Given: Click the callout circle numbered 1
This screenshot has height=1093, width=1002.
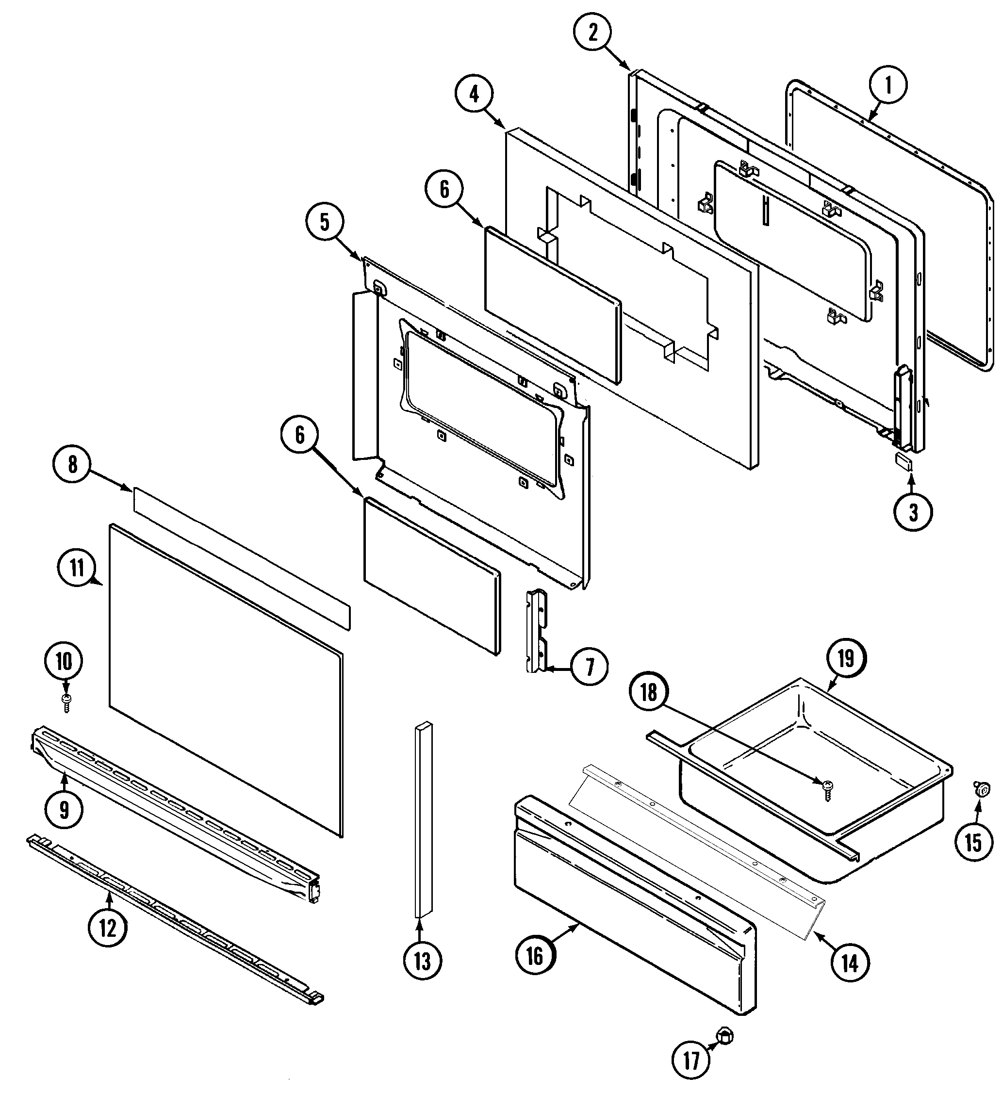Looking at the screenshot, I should point(887,85).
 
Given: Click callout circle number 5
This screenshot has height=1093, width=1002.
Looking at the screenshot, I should point(324,222).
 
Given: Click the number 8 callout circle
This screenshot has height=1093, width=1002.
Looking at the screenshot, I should point(73,465).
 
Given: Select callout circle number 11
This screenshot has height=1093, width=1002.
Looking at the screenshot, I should point(77,568).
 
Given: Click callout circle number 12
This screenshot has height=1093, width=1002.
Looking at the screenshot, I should point(108,928).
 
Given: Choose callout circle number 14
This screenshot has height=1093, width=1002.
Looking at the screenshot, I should point(850,963).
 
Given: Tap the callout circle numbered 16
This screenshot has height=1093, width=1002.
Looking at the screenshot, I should point(535,956).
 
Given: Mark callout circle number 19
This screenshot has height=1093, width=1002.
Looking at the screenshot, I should point(845,659).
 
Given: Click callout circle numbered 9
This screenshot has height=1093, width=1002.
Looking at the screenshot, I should point(64,810).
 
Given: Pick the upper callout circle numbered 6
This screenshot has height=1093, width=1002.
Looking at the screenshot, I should point(444,189).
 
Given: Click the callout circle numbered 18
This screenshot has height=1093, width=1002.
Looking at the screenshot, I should point(649,692).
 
